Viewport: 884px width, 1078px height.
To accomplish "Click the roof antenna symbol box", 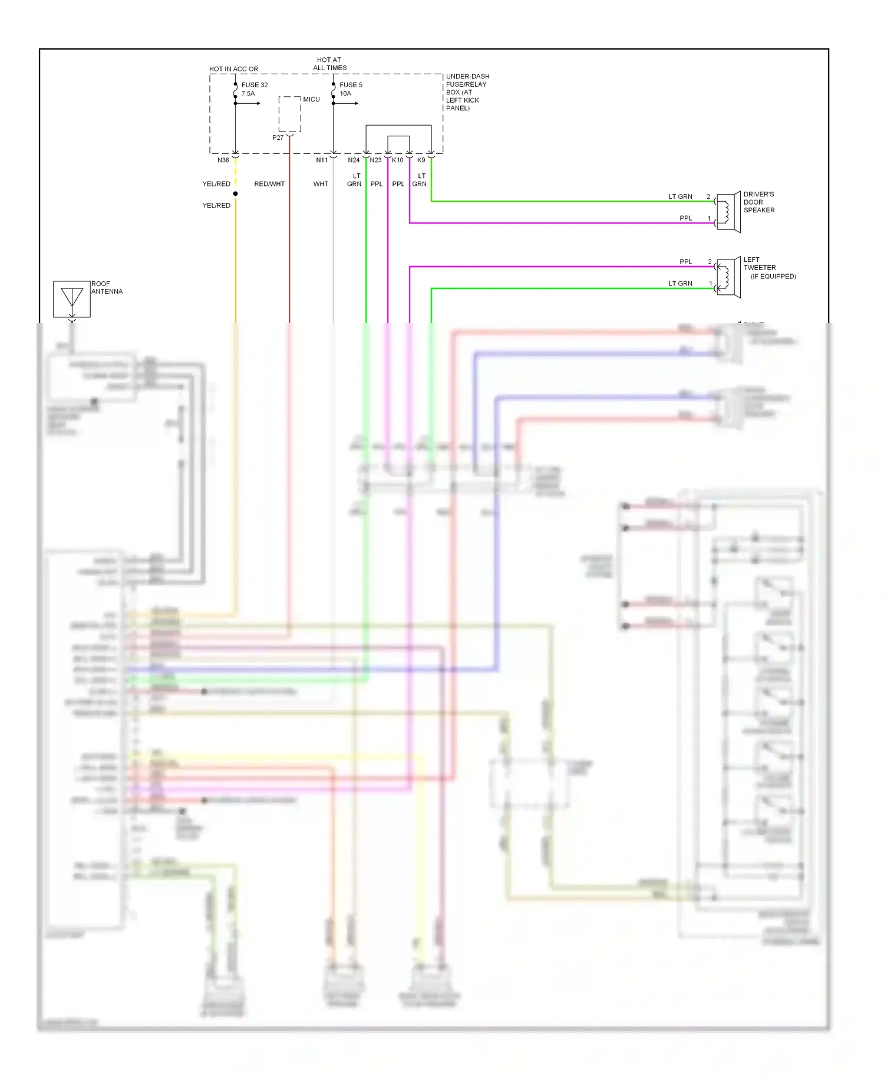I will [x=72, y=299].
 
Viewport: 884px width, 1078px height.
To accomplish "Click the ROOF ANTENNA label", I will [x=107, y=288].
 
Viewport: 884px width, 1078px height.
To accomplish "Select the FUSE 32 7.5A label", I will [x=254, y=89].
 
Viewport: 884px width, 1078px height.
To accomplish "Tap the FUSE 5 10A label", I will [x=351, y=89].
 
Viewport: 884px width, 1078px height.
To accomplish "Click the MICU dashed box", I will [x=289, y=114].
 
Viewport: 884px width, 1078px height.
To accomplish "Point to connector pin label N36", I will [x=223, y=160].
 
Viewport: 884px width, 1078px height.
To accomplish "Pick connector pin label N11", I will [x=321, y=160].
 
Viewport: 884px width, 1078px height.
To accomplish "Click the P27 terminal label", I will [x=278, y=138].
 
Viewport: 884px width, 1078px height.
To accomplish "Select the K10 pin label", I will [x=398, y=160].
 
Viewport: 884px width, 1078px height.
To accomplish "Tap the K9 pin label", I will [x=421, y=160].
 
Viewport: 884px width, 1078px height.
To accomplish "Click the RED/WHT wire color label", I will [x=269, y=184].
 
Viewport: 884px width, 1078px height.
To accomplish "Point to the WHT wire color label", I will [x=321, y=184].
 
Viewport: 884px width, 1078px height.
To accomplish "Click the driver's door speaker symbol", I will [x=728, y=212].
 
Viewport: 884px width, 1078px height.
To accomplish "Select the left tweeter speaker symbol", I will [x=728, y=277].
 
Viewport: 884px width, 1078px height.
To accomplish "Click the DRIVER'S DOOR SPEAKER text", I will [x=758, y=202].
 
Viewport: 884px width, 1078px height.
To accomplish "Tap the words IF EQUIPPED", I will [x=773, y=277].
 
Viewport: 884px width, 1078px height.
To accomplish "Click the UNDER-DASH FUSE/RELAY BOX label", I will [x=467, y=92].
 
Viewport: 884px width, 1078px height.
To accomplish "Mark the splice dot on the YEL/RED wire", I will [x=235, y=193].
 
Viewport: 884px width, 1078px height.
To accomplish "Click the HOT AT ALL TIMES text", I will [x=329, y=64].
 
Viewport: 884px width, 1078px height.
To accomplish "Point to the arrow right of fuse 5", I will [x=352, y=104].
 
